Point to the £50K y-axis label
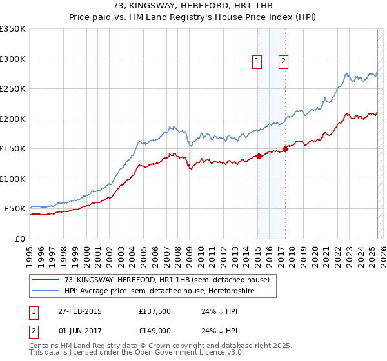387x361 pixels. [x=15, y=209]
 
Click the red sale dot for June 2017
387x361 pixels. [x=284, y=149]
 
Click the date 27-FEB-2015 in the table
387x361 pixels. [x=80, y=311]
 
